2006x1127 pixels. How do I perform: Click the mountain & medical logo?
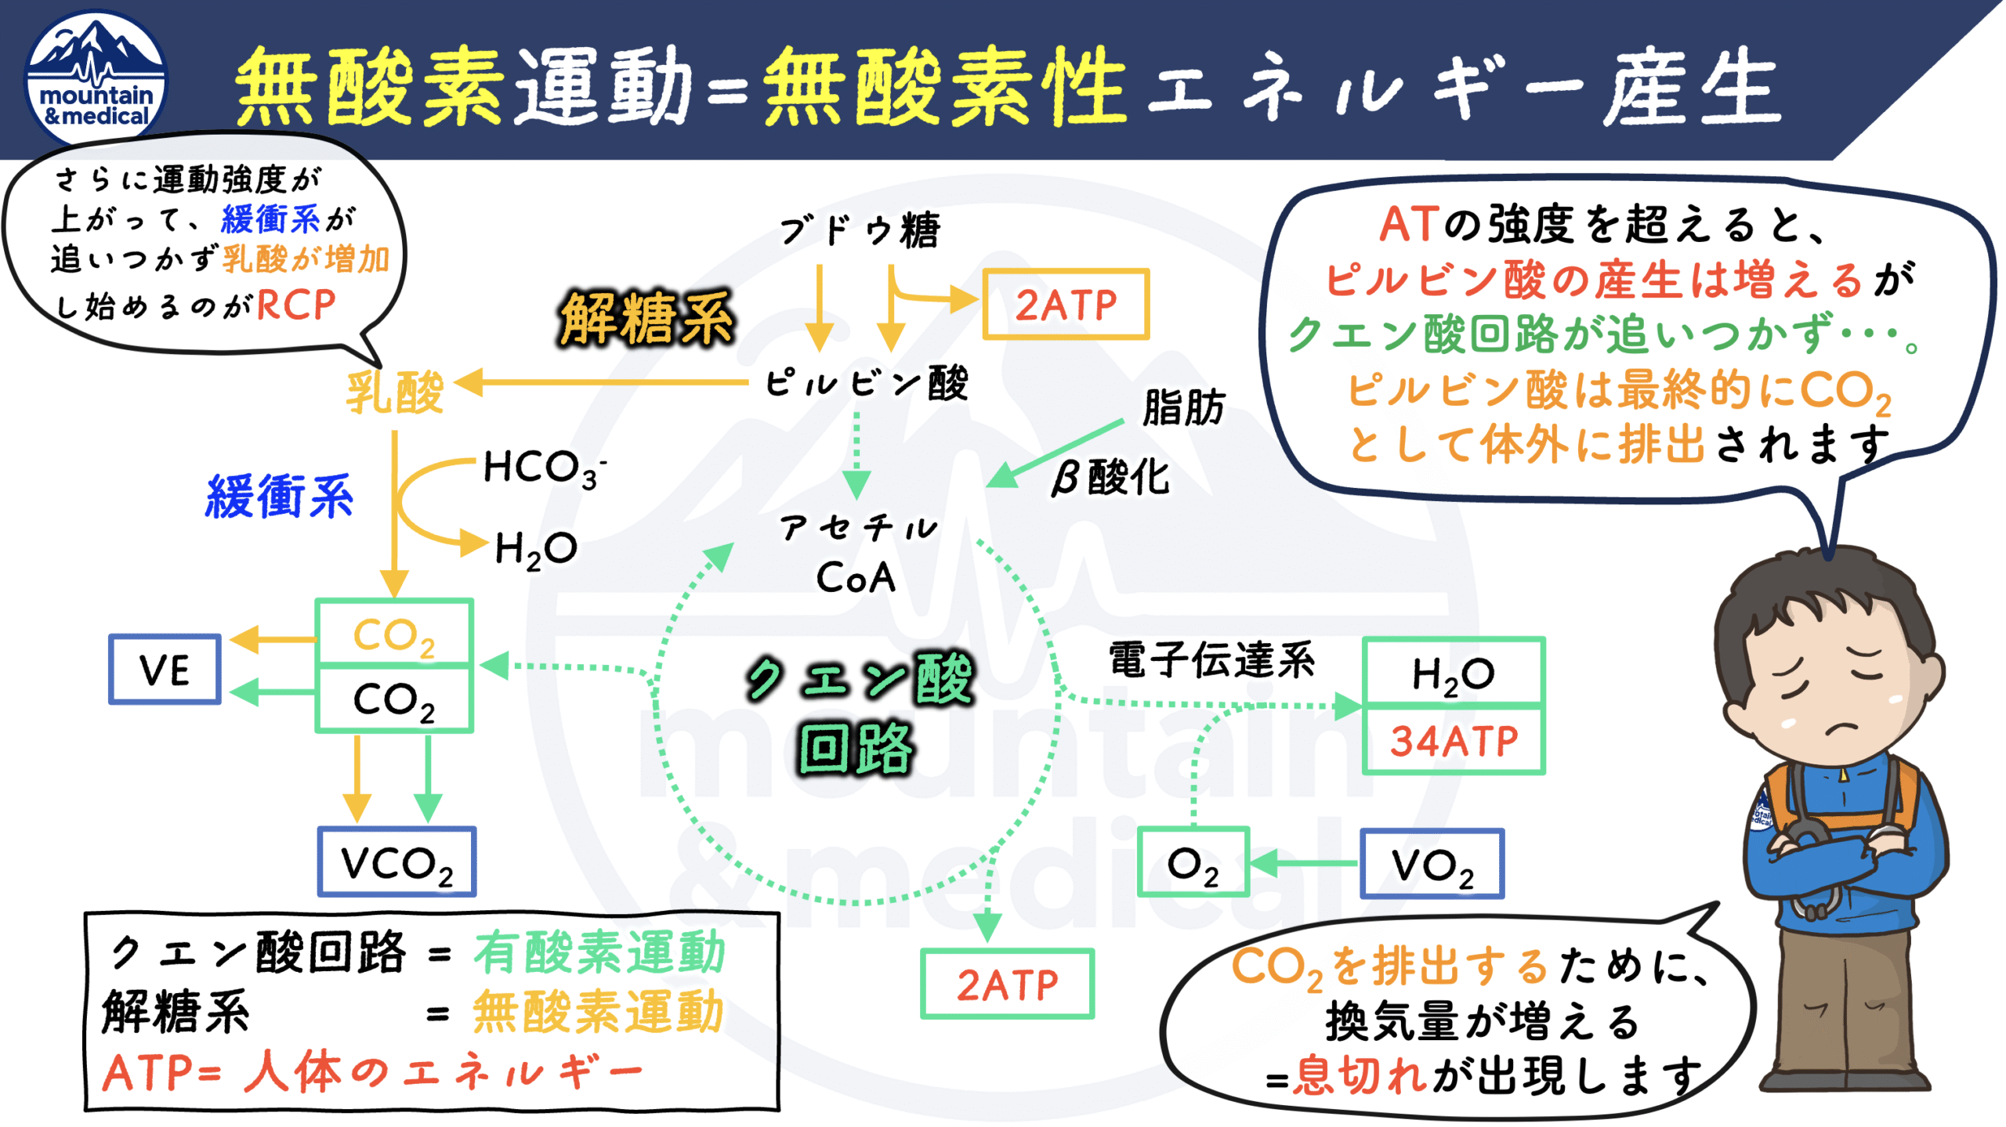[x=96, y=78]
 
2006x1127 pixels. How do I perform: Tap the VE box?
[x=165, y=670]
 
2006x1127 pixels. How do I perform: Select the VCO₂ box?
[x=396, y=862]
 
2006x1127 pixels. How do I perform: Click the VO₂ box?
[x=1432, y=864]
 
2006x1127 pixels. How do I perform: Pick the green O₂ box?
[x=1193, y=862]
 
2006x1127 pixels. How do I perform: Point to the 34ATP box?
[x=1454, y=741]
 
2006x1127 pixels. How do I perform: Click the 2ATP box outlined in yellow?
[x=1066, y=304]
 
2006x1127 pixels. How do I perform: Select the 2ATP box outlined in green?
[x=1007, y=984]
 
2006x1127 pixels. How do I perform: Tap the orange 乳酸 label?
[x=395, y=392]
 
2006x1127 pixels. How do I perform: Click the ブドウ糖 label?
[x=860, y=230]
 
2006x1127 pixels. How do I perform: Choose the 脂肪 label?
[x=1183, y=407]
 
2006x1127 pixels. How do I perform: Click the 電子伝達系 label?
[x=1211, y=659]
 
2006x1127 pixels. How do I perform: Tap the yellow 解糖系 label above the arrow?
[x=646, y=319]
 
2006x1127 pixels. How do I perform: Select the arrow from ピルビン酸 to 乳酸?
[x=603, y=383]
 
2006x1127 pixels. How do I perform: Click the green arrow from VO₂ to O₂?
[x=1305, y=864]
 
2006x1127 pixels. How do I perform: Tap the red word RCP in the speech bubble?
[x=296, y=305]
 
